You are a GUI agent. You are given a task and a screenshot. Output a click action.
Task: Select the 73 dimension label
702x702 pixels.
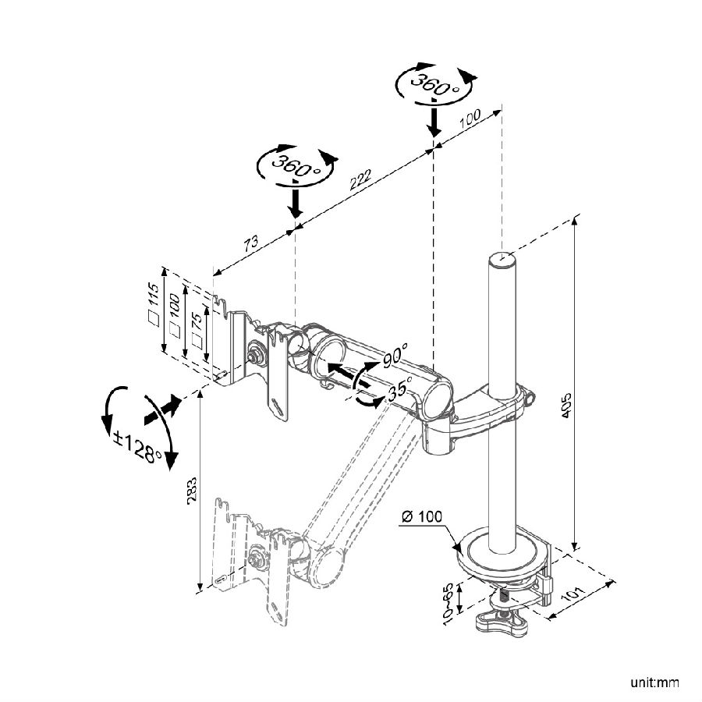click(250, 243)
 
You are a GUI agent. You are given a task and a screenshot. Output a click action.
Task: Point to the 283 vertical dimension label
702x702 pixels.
click(193, 489)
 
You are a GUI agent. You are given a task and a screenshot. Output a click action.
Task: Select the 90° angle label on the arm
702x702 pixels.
click(395, 356)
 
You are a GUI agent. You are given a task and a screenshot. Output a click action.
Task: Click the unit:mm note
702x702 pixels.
click(655, 683)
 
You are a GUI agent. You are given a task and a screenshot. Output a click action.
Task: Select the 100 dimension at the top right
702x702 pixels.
click(469, 121)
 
